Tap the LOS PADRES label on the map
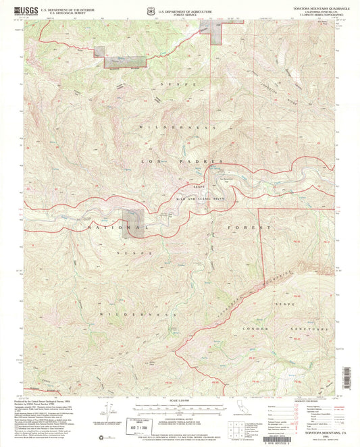pyautogui.click(x=181, y=162)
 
